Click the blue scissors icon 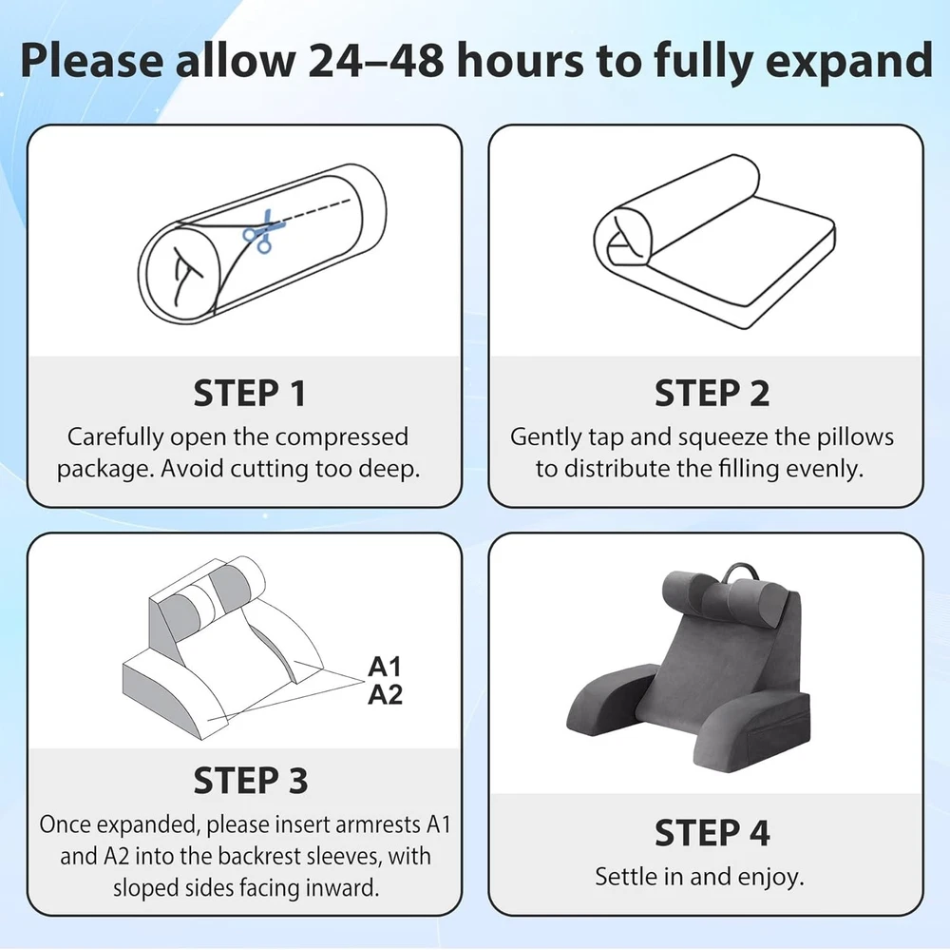(263, 232)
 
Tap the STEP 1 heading (250, 393)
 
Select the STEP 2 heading (712, 393)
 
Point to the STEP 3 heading (250, 780)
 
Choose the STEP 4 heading (712, 832)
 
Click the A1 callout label (385, 667)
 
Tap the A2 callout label (385, 694)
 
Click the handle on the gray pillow (737, 572)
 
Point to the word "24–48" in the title (375, 61)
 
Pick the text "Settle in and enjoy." (699, 877)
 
